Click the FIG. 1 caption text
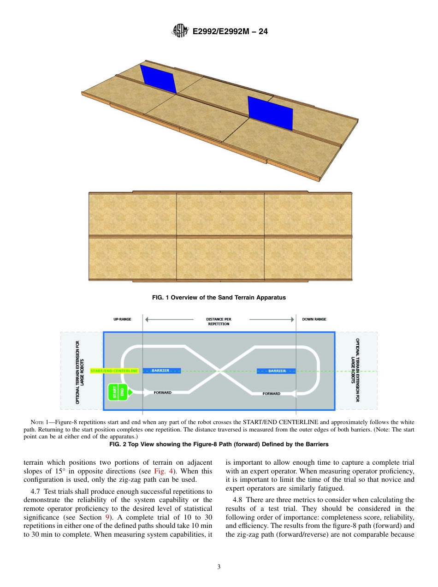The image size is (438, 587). [x=219, y=298]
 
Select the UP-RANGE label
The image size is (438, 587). [x=122, y=319]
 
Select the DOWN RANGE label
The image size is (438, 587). [x=314, y=319]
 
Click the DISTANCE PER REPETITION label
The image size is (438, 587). [x=219, y=321]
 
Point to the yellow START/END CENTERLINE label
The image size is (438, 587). [x=114, y=371]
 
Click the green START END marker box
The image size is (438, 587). [x=118, y=392]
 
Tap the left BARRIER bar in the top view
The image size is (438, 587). [x=161, y=371]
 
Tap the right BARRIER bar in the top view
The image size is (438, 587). [x=276, y=371]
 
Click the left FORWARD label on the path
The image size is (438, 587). [x=162, y=393]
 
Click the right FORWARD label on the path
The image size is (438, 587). [x=271, y=394]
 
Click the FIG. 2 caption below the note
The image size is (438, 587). [x=219, y=444]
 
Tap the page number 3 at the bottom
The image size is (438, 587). [x=219, y=567]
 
